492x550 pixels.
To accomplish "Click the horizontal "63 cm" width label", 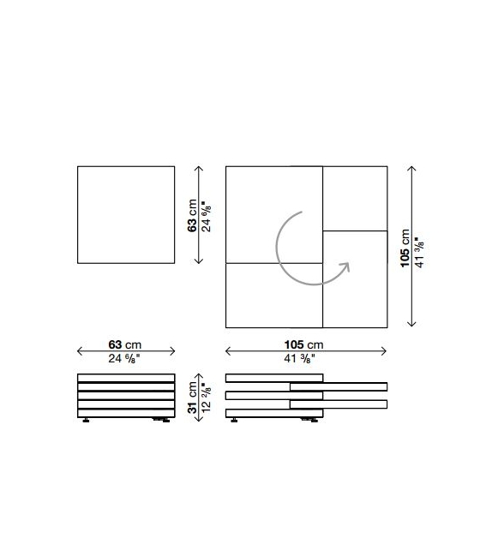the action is pos(124,344).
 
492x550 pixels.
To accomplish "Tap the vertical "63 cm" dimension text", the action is pos(192,215).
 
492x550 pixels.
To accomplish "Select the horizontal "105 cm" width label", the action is pos(303,344).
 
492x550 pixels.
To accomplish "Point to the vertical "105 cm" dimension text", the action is pos(405,248).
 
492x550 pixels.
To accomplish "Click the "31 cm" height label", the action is pos(192,398).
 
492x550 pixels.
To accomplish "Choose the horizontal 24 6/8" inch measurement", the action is pos(124,358).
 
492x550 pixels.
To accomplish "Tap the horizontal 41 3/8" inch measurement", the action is pos(299,358).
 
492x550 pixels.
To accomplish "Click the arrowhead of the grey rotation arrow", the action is pos(345,266).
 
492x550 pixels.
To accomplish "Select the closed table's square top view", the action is pos(126,215).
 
